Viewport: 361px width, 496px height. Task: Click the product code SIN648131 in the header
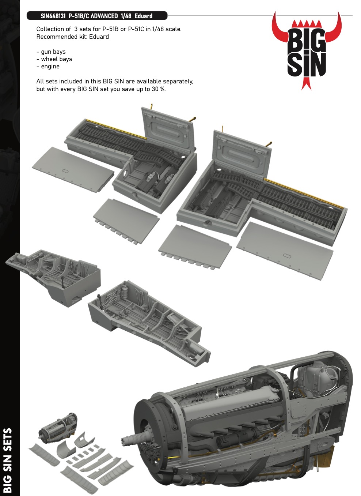(x=53, y=16)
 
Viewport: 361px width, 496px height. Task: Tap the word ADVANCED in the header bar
(x=104, y=16)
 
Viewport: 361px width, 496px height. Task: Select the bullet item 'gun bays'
(x=51, y=52)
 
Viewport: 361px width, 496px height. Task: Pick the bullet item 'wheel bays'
(x=54, y=59)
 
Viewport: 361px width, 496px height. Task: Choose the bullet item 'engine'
(x=48, y=67)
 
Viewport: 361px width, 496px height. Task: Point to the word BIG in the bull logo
(x=306, y=42)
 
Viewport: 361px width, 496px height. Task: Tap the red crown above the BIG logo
(x=306, y=24)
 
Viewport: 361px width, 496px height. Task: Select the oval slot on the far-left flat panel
(x=65, y=171)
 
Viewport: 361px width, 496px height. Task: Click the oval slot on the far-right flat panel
(x=287, y=256)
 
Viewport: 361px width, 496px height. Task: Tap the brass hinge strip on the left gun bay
(x=116, y=129)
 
